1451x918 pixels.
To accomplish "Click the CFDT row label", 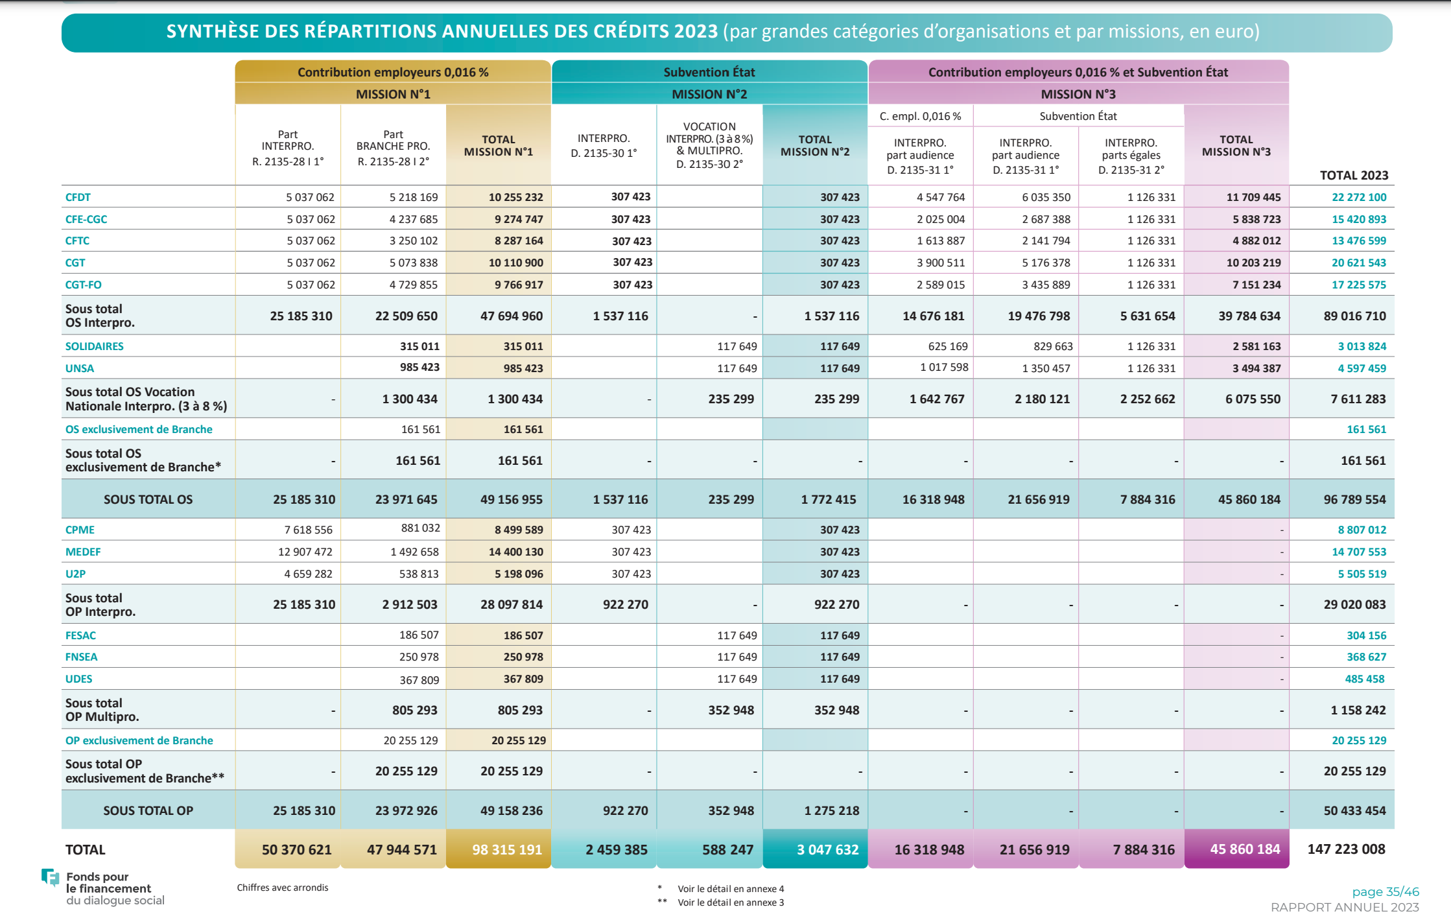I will [78, 197].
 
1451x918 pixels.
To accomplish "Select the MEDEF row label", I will [83, 552].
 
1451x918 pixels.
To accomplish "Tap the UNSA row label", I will [80, 368].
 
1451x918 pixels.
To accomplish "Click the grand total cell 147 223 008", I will [1346, 849].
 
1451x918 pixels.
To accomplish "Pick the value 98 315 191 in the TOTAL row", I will [506, 849].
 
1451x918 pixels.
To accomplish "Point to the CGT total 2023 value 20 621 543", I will [1358, 263].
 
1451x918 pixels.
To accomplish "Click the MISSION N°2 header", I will [709, 94].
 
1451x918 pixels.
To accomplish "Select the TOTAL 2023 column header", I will [1354, 175].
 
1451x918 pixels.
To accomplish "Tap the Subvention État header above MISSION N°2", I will [709, 72].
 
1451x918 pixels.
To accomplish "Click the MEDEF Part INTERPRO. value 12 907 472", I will [305, 552].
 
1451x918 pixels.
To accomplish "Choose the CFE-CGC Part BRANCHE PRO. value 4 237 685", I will [414, 219].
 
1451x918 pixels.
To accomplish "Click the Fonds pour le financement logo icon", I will [50, 877].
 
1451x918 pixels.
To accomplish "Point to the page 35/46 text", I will [1386, 891].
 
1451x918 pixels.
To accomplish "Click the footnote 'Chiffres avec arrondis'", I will [283, 888].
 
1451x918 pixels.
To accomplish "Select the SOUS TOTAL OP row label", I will [148, 810].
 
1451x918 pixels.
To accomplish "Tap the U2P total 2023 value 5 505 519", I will [1362, 574].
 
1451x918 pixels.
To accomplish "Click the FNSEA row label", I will [81, 657].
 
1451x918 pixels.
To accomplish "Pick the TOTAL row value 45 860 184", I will [1245, 849].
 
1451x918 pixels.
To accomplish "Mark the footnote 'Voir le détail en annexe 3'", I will [731, 902].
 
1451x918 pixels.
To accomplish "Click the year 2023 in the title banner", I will [696, 31].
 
